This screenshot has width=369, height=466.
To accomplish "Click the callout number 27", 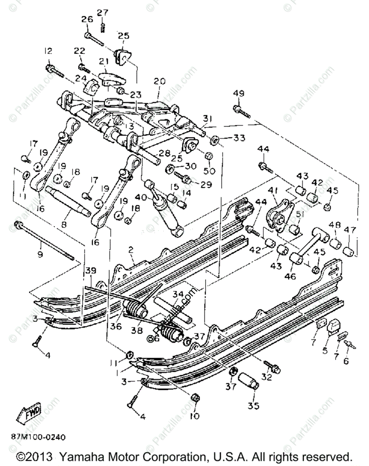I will coord(102,12).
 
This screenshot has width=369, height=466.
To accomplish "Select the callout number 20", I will coord(159,82).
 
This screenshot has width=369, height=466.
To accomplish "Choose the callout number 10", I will coord(195,416).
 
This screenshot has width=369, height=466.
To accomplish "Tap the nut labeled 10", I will coord(195,398).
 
